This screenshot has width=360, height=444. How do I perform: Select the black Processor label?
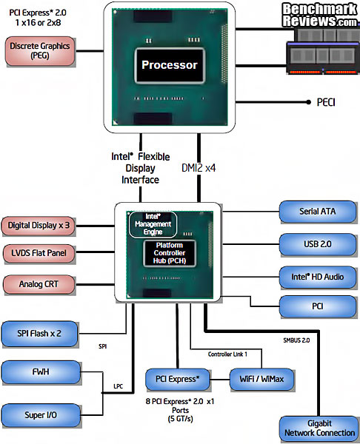pyautogui.click(x=170, y=65)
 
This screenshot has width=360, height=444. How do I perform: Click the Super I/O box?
pyautogui.click(x=41, y=416)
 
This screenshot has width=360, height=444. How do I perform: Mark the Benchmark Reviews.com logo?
pyautogui.click(x=319, y=14)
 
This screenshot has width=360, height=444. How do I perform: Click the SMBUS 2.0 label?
pyautogui.click(x=298, y=340)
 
